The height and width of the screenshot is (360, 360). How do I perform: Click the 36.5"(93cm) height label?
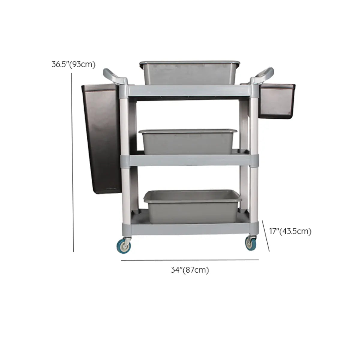coord(73,64)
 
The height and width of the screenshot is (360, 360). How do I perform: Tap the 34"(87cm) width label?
coord(190,270)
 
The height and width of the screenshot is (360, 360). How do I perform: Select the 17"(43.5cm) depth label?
coord(290,231)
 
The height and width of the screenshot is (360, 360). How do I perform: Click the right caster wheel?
coord(251,243)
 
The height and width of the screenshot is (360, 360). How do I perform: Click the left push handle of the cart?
coord(115,76)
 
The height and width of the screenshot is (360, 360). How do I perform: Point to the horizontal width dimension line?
coord(190,260)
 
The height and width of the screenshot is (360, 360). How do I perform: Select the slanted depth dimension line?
coord(266,236)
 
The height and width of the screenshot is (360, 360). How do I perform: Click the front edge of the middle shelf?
coord(189,160)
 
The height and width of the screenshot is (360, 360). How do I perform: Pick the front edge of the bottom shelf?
coord(189,229)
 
